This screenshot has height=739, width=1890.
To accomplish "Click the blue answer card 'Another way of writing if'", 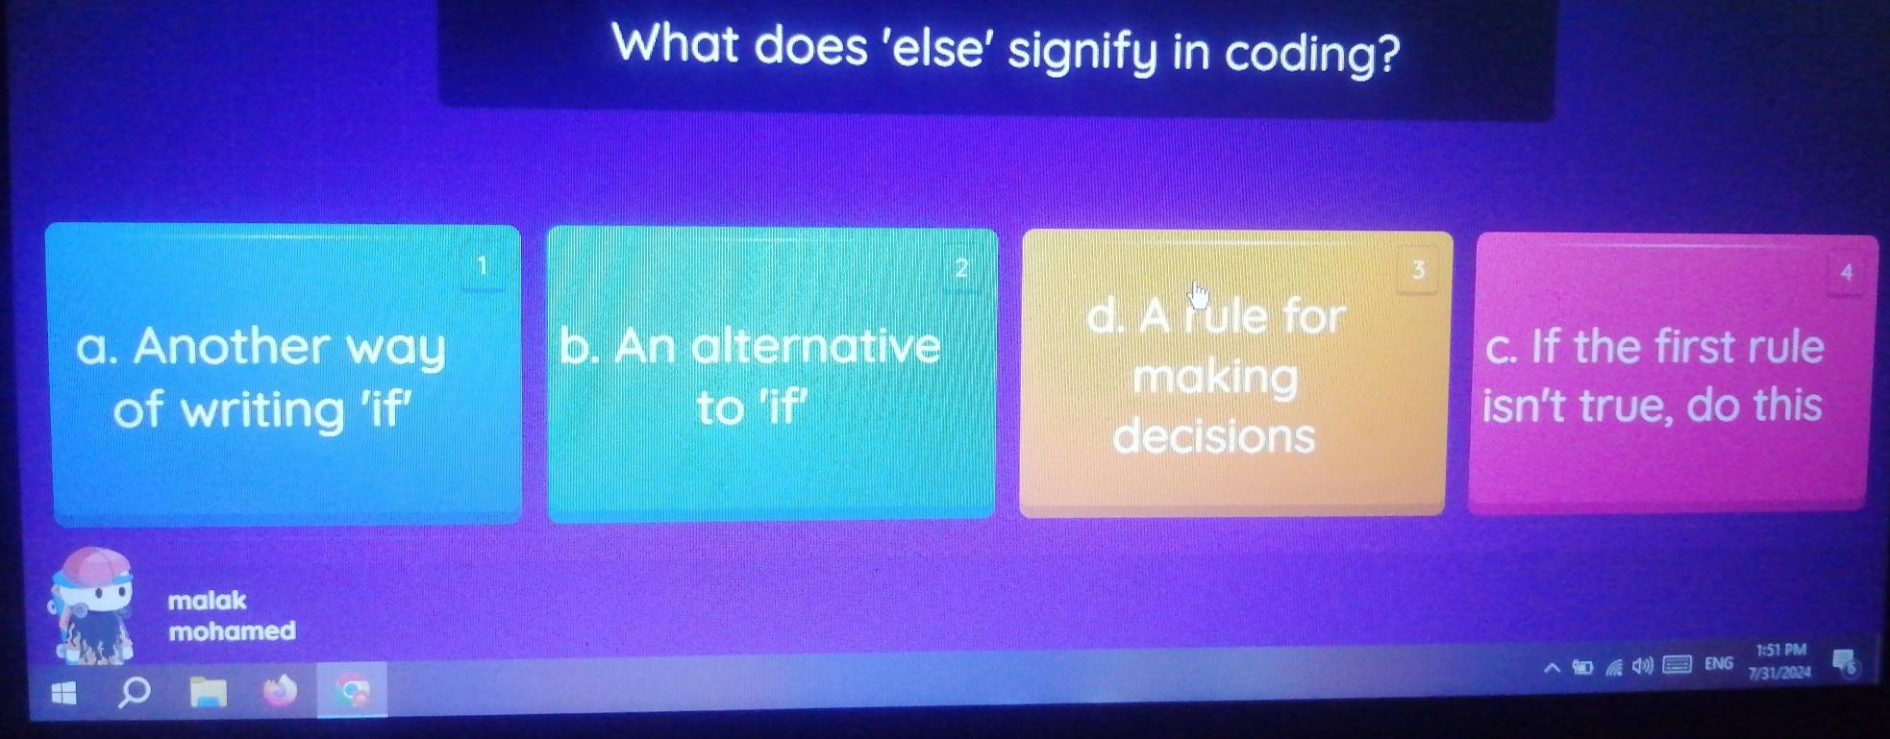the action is [285, 375].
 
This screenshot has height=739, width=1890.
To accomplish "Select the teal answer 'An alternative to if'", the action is [771, 375].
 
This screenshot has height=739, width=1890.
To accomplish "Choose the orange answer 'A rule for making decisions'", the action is [1234, 374].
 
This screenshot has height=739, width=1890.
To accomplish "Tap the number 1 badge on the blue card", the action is [483, 265].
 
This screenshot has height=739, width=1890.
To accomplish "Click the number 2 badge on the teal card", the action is [959, 268].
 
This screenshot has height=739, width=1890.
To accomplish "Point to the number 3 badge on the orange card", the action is [1417, 270].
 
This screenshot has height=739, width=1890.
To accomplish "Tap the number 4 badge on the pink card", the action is [1846, 273].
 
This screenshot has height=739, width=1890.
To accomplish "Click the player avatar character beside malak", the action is [91, 605].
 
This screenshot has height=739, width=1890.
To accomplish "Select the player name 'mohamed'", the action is [232, 630].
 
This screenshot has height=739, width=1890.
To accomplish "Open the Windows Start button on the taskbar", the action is [63, 692].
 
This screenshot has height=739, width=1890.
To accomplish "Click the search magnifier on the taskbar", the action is [134, 691].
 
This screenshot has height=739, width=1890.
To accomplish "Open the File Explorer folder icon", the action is [208, 691].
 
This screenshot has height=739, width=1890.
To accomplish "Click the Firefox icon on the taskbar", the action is [281, 691].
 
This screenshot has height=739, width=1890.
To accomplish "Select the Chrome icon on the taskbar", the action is [353, 690].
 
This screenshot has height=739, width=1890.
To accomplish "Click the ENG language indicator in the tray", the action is [1719, 663].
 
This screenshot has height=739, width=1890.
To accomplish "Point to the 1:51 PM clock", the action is [1781, 651].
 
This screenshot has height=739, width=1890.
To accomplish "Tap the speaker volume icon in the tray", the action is [1642, 666].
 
